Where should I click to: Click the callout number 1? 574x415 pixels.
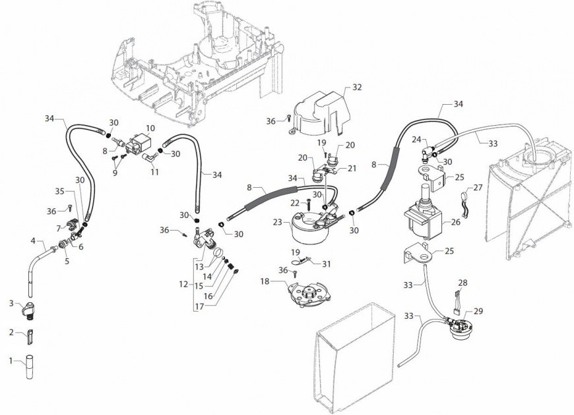tap(11, 361)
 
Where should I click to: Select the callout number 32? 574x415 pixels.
tap(357, 87)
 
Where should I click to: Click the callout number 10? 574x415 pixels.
tap(150, 128)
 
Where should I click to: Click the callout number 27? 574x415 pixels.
tap(478, 187)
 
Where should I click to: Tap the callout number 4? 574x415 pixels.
tap(32, 240)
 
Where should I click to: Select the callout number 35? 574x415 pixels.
tap(59, 191)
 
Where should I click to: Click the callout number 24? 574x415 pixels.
tap(416, 140)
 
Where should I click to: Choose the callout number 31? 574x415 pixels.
tap(327, 263)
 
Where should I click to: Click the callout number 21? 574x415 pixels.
tap(352, 169)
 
